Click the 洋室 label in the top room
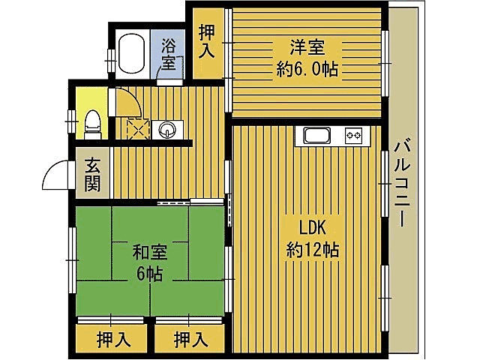point(308,46)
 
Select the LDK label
point(312,227)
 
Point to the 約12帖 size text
point(312,250)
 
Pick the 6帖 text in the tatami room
point(149,274)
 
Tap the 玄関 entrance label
point(93,174)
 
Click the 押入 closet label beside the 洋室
point(207,42)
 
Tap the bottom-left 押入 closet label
point(113,340)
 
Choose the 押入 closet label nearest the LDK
point(190,340)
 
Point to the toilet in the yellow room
point(91,123)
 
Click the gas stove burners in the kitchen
point(353,136)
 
